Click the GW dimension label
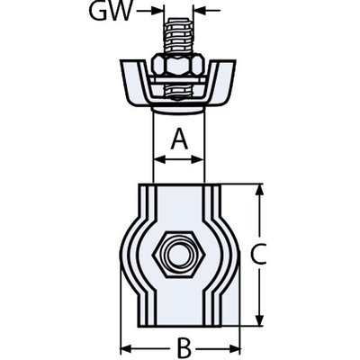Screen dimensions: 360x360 (112, 11)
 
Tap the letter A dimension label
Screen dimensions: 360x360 (179, 139)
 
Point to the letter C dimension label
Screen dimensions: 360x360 (258, 255)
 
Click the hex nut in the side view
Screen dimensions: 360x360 (179, 65)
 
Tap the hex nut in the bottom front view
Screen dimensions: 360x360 (178, 255)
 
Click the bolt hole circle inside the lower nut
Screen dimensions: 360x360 (179, 255)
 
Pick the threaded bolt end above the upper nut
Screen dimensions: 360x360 (179, 36)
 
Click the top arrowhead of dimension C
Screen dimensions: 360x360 (260, 191)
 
